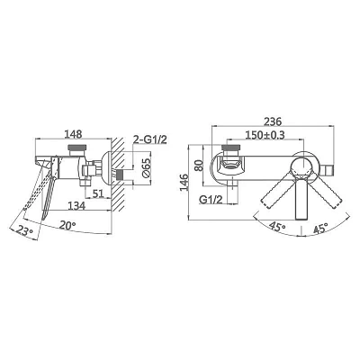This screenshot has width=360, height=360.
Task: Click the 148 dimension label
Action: (x=74, y=133)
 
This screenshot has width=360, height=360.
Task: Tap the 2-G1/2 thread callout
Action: (x=149, y=139)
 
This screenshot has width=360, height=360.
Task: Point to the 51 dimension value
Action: (x=98, y=193)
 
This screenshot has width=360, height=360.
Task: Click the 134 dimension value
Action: (x=76, y=206)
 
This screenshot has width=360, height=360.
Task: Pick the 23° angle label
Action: (x=25, y=231)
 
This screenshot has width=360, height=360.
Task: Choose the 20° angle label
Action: (x=67, y=225)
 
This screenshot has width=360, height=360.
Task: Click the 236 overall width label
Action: (x=273, y=121)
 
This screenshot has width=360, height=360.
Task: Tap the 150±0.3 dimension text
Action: (x=265, y=135)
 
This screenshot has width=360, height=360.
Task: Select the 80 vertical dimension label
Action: (x=198, y=166)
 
